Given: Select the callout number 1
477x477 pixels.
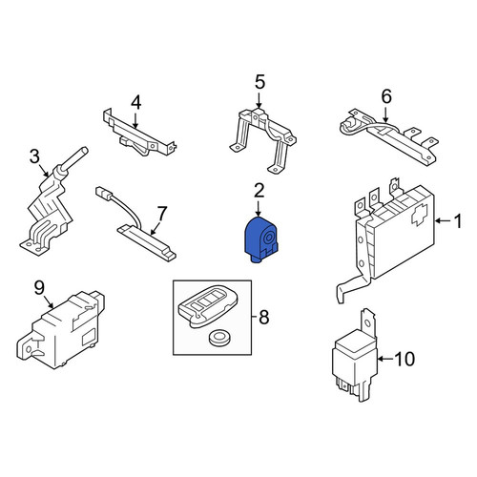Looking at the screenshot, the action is [x=457, y=221].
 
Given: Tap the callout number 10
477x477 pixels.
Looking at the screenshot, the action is [x=404, y=359].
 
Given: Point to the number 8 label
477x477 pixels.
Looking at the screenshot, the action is [x=264, y=317].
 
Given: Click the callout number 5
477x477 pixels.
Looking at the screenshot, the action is [x=259, y=82].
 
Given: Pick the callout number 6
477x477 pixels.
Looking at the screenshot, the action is [x=386, y=96].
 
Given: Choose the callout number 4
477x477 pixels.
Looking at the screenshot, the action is [x=135, y=102].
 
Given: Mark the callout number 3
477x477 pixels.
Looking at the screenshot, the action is [x=34, y=156].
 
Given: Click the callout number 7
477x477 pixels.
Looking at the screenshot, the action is [x=162, y=214].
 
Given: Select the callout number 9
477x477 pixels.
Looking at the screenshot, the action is [x=39, y=288].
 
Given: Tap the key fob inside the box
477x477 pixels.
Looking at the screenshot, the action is [x=207, y=306].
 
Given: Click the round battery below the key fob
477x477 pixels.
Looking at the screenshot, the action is [x=219, y=338].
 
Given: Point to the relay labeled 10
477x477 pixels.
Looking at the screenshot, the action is [x=355, y=356].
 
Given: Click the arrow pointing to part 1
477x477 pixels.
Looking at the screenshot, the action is [x=443, y=220].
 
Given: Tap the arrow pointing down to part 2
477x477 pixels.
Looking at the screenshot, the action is [x=258, y=208].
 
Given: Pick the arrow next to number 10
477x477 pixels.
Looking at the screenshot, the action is [x=385, y=359].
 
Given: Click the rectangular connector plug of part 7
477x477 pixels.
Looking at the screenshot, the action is [x=103, y=193].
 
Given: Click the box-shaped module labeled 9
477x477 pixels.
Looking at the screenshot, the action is [x=60, y=329].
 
